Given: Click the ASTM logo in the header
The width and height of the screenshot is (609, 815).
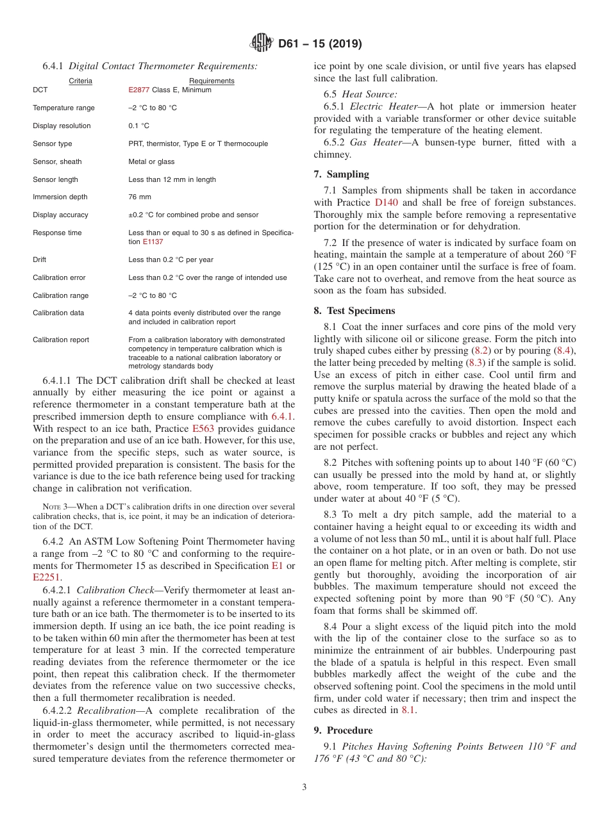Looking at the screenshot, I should (261, 44).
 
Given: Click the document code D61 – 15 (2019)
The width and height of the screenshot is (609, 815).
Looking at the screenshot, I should (320, 44).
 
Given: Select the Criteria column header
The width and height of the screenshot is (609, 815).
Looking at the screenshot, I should (81, 81).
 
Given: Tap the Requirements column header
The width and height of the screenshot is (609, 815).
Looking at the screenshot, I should (212, 81).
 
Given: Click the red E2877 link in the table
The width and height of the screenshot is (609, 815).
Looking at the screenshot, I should (138, 90).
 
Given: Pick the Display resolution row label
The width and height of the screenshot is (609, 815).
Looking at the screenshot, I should (62, 126).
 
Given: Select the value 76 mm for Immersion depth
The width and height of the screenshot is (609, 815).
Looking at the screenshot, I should (140, 197).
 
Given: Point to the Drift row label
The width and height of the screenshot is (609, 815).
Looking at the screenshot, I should (40, 260).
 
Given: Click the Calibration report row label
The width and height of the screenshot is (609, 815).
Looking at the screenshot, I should (61, 340).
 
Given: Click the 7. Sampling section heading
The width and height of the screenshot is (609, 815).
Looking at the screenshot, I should (341, 174).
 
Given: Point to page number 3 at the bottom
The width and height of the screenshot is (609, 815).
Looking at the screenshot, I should (304, 787).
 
